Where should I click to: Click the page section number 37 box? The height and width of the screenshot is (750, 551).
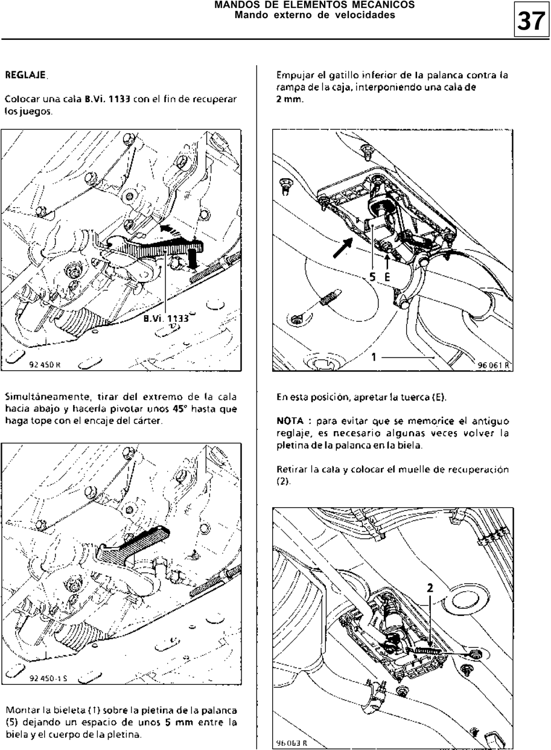coord(530,21)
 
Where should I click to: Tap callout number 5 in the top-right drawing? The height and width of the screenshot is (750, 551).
coord(372,276)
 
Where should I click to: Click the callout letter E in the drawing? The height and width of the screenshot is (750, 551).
coord(386,276)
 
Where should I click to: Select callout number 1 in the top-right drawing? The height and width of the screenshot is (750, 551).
coord(374,357)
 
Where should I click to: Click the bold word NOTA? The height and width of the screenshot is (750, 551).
coord(289,420)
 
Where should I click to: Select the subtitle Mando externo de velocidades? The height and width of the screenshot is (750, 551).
coord(314,15)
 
